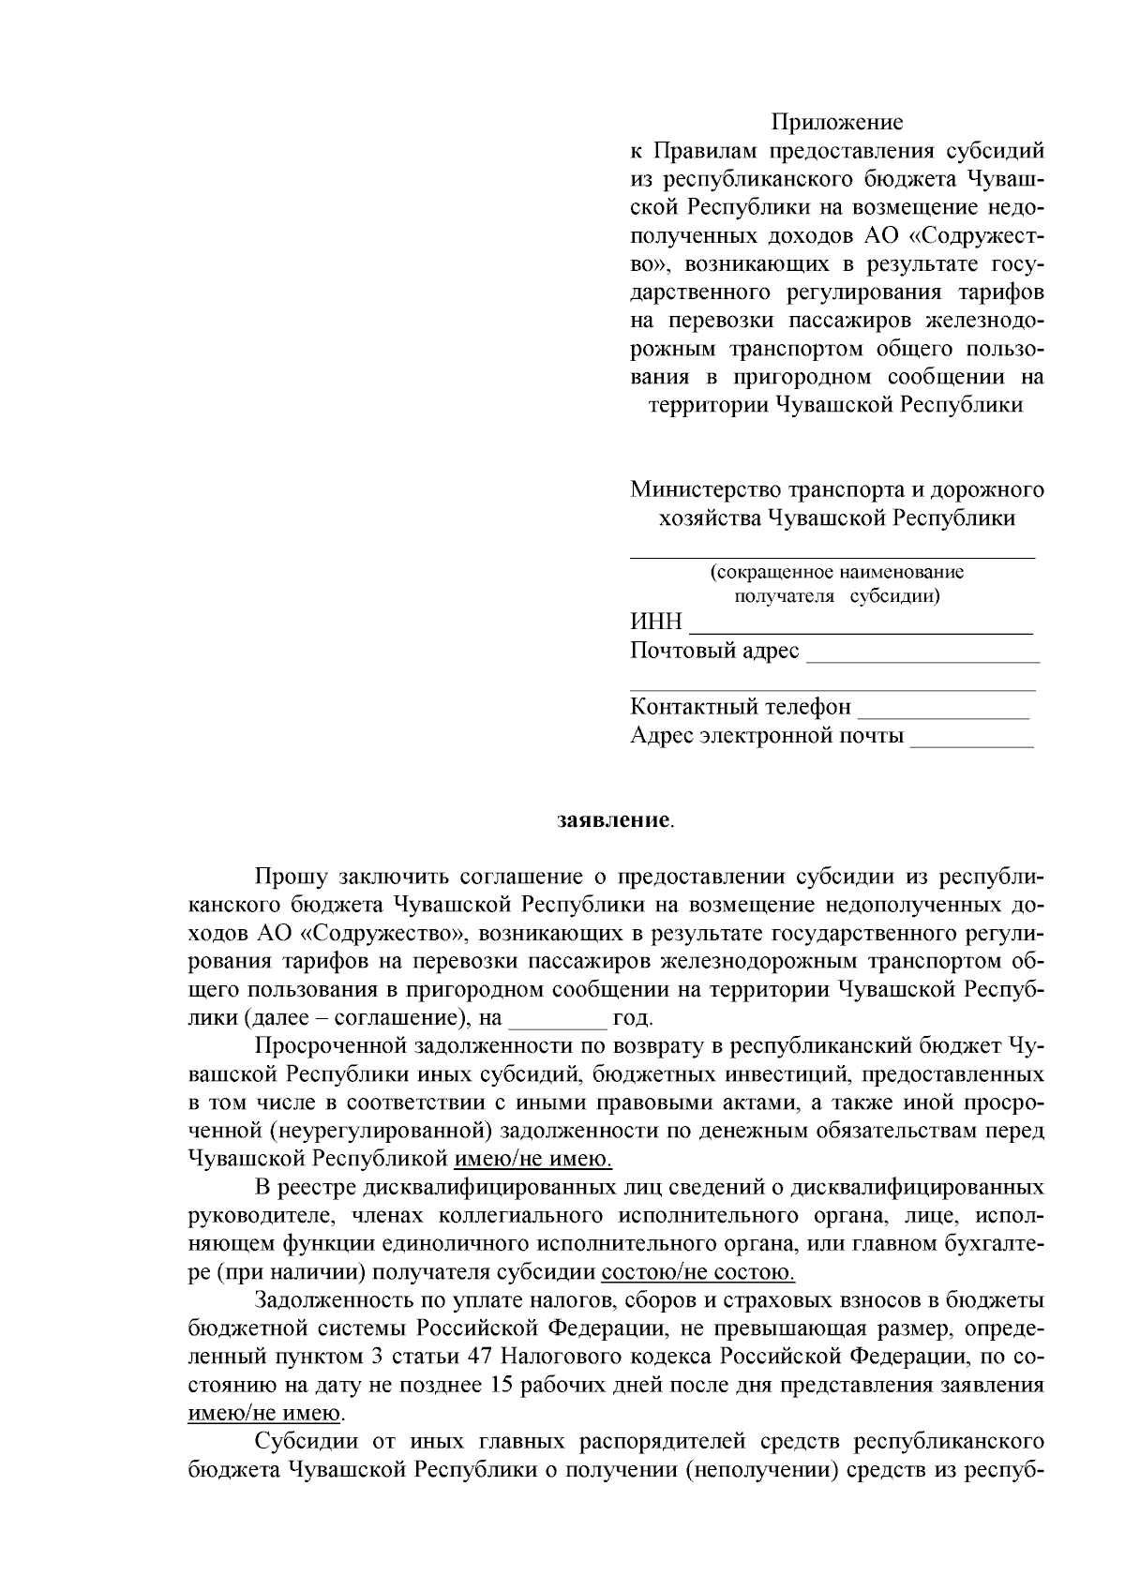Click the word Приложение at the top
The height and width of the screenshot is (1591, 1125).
coord(837,122)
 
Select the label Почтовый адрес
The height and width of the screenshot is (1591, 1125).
coord(714,651)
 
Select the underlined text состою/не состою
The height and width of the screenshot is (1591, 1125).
coord(698,1273)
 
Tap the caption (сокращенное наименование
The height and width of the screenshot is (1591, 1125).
coord(836,572)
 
